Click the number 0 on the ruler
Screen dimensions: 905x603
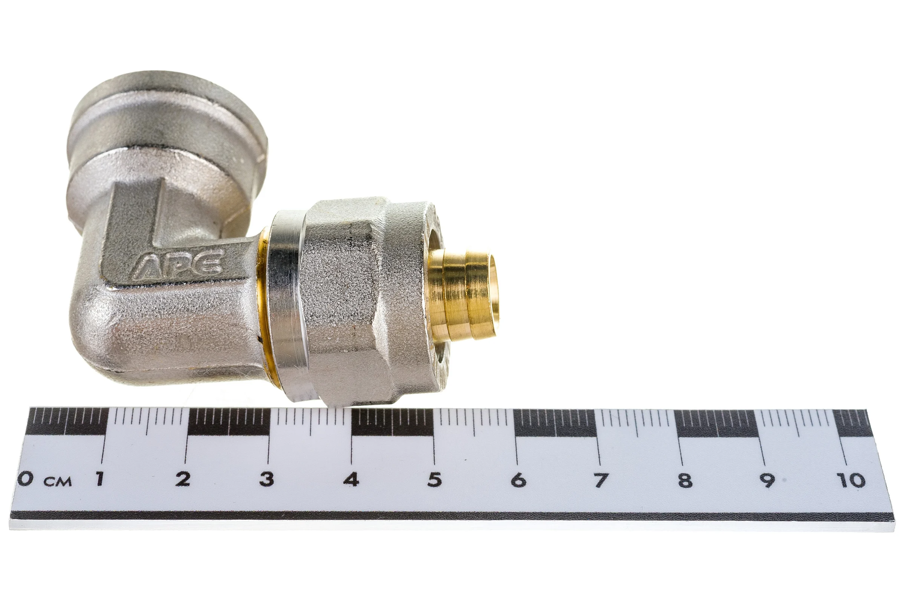coord(25,479)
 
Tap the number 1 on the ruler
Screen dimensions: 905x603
coord(100,479)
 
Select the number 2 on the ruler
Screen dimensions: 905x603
coord(183,479)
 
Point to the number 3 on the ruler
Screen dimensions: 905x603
coord(267,479)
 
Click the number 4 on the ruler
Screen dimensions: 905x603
coord(351,479)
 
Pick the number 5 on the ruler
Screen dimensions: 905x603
coord(434,479)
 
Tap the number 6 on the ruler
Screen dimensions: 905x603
coord(518,480)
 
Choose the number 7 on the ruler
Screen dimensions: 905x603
coord(601,480)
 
